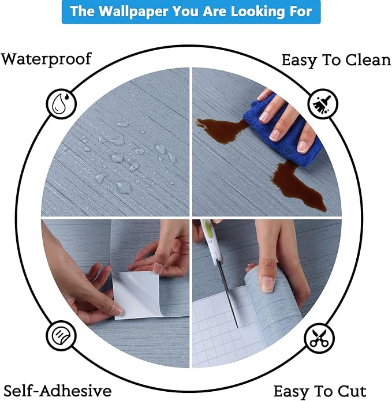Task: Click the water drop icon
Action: click(61, 104)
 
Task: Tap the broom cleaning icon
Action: click(322, 103)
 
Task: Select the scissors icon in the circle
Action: click(319, 338)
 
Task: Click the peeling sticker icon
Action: click(61, 335)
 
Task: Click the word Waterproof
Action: click(46, 59)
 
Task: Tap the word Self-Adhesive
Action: click(58, 391)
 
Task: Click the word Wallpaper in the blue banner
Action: click(133, 12)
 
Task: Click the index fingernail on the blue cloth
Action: click(264, 117)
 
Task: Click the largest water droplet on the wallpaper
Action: click(124, 187)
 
